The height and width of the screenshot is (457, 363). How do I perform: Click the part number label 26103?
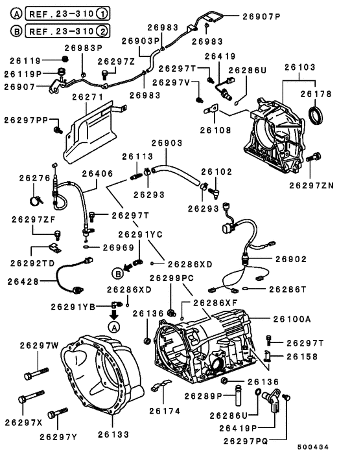coord(300,67)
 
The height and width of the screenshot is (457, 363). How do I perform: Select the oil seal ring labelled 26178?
coord(316,115)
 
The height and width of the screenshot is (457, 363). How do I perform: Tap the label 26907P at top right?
coord(261,17)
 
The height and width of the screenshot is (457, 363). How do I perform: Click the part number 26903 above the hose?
coord(167,143)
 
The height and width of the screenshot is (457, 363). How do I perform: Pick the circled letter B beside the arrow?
coord(118,274)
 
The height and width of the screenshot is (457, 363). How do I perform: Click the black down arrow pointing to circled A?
coord(114,314)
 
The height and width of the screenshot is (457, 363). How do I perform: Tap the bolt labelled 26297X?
coord(31,396)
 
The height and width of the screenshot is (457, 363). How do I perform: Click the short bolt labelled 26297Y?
coord(58,413)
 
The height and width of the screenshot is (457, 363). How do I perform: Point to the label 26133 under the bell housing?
coord(113,434)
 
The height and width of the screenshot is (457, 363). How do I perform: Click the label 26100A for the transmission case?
coord(292,319)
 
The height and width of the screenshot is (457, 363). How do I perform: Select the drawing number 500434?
coord(313,447)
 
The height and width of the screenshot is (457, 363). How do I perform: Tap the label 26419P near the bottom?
coord(238,428)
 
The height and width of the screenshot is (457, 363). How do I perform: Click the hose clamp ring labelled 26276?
coord(36,201)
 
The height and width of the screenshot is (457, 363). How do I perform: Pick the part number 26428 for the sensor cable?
coord(23,282)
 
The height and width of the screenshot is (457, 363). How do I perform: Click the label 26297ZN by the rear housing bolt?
coord(311,186)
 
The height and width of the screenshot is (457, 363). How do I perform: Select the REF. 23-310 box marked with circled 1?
coord(67,14)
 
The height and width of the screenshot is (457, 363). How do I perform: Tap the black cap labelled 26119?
coord(65,59)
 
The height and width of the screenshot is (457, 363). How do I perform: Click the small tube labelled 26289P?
coord(239,396)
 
